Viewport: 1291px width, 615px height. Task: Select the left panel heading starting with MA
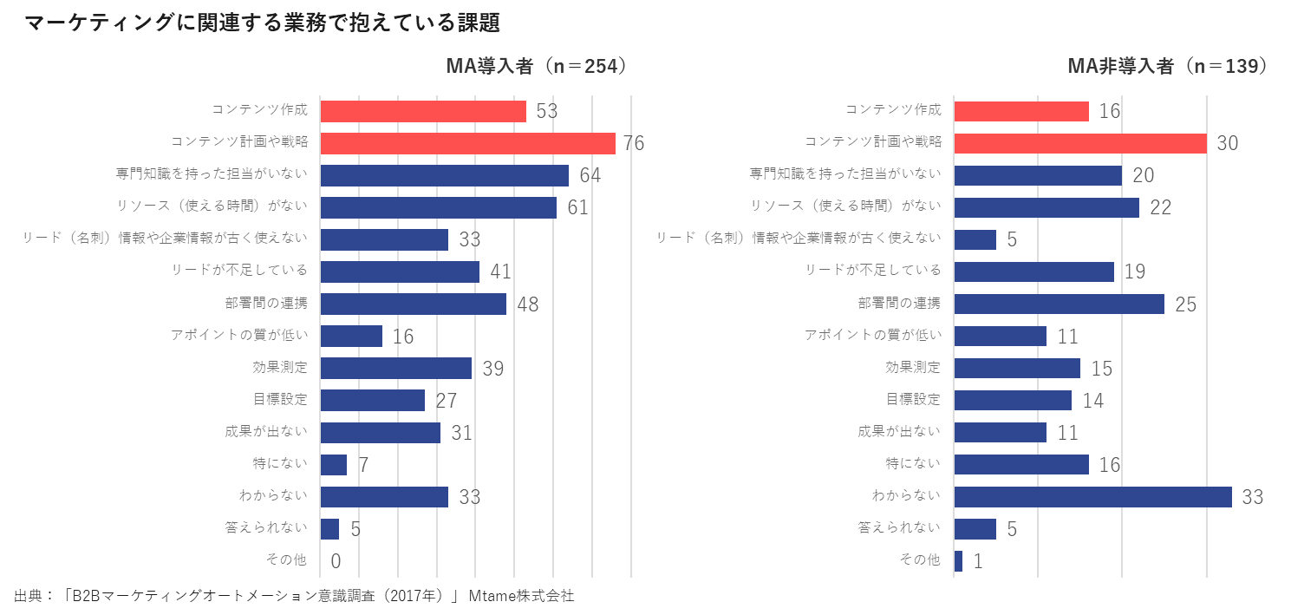tap(534, 67)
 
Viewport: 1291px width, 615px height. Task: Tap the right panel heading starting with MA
tap(1166, 67)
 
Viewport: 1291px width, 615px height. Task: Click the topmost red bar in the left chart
tap(435, 111)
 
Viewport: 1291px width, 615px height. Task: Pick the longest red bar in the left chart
tap(474, 143)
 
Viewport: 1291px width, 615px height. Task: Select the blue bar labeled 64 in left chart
tap(455, 175)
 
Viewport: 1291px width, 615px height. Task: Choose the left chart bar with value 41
tap(416, 272)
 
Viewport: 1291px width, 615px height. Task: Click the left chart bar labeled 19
tap(358, 336)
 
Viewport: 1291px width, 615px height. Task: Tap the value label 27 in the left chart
tap(445, 401)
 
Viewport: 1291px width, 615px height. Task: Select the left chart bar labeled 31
tap(396, 433)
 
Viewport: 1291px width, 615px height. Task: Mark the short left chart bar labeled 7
tap(338, 465)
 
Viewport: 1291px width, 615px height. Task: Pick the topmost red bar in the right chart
tap(1037, 111)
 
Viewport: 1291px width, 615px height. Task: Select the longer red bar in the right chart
tap(1079, 143)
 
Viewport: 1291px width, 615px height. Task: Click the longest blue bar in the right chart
tap(1122, 497)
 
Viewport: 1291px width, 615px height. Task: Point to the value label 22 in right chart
tap(1161, 208)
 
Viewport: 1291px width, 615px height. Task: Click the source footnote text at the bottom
tap(286, 597)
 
